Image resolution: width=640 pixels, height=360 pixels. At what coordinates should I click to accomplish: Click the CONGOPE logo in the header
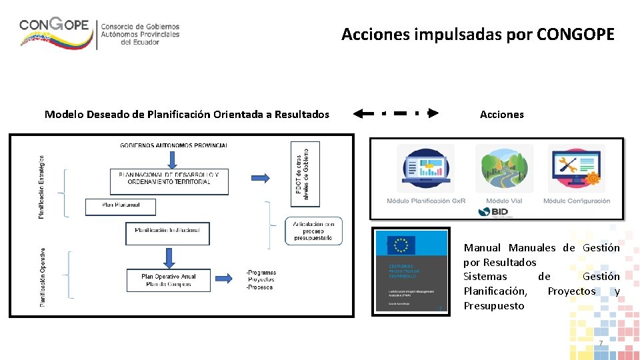coord(100,31)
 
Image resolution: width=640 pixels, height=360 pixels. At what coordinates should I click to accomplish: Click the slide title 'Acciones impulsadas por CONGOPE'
coord(477,35)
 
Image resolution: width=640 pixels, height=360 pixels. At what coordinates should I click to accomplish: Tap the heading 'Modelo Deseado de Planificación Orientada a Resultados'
coord(187,114)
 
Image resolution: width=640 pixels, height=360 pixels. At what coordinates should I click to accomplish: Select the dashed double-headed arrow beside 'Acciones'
coord(396,113)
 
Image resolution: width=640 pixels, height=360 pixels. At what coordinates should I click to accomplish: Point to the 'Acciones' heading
coord(501,114)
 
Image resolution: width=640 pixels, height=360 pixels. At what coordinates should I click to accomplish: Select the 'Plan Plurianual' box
coord(121,207)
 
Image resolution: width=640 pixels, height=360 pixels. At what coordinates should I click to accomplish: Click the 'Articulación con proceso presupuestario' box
coord(313,231)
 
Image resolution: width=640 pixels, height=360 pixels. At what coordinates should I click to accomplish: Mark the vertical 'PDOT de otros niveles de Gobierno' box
coord(305,173)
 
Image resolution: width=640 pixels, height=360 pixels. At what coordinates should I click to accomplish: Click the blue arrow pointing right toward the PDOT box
coord(260,178)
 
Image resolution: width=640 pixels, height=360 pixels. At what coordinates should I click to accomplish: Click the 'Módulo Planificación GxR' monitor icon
coord(425,169)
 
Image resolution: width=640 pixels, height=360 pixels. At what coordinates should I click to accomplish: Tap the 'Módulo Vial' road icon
coord(504,169)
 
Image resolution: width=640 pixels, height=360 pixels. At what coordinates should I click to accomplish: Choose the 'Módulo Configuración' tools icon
coord(576,169)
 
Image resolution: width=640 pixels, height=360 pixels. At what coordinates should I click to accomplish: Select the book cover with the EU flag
coord(411,271)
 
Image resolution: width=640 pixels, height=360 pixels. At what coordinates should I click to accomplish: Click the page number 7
coord(600,343)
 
